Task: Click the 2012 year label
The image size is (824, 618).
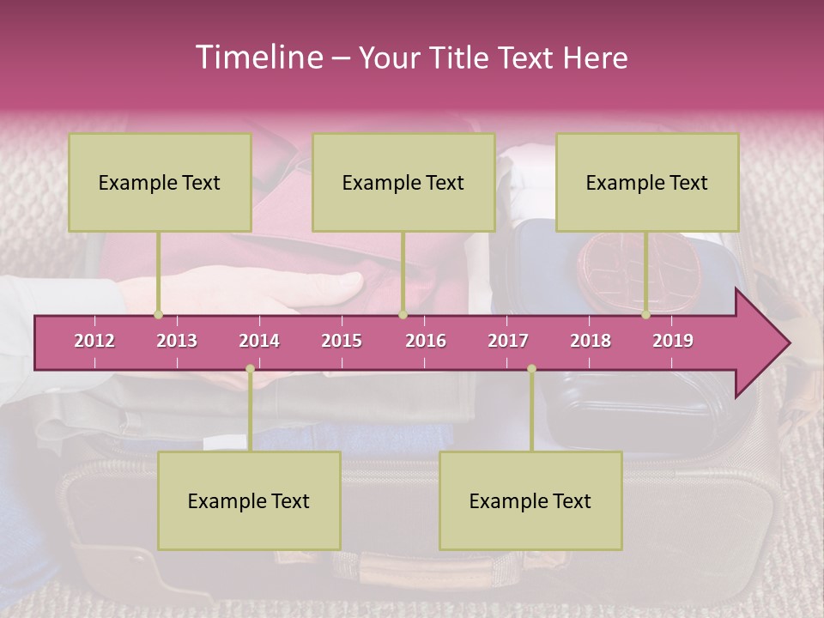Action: [94, 341]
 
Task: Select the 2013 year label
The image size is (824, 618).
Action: [177, 341]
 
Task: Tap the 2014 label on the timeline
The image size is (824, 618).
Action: [259, 341]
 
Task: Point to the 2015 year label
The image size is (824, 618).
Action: [342, 341]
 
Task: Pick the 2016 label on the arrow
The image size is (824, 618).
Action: [426, 341]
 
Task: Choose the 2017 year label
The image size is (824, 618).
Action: [508, 341]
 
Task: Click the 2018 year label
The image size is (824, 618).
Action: [591, 341]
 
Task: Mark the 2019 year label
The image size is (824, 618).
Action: [673, 341]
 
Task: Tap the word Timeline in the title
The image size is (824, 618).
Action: [257, 58]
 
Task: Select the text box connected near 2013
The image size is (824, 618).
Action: [160, 182]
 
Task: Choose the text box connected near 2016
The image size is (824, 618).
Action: [403, 182]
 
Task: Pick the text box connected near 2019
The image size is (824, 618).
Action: [647, 182]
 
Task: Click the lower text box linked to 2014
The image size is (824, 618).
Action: [249, 500]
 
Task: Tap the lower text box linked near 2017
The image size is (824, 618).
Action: [530, 500]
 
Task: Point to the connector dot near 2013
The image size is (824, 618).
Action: [158, 314]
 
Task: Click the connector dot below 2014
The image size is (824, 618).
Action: [250, 368]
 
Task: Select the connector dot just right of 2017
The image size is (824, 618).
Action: [531, 368]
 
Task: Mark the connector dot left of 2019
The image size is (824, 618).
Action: [645, 314]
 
